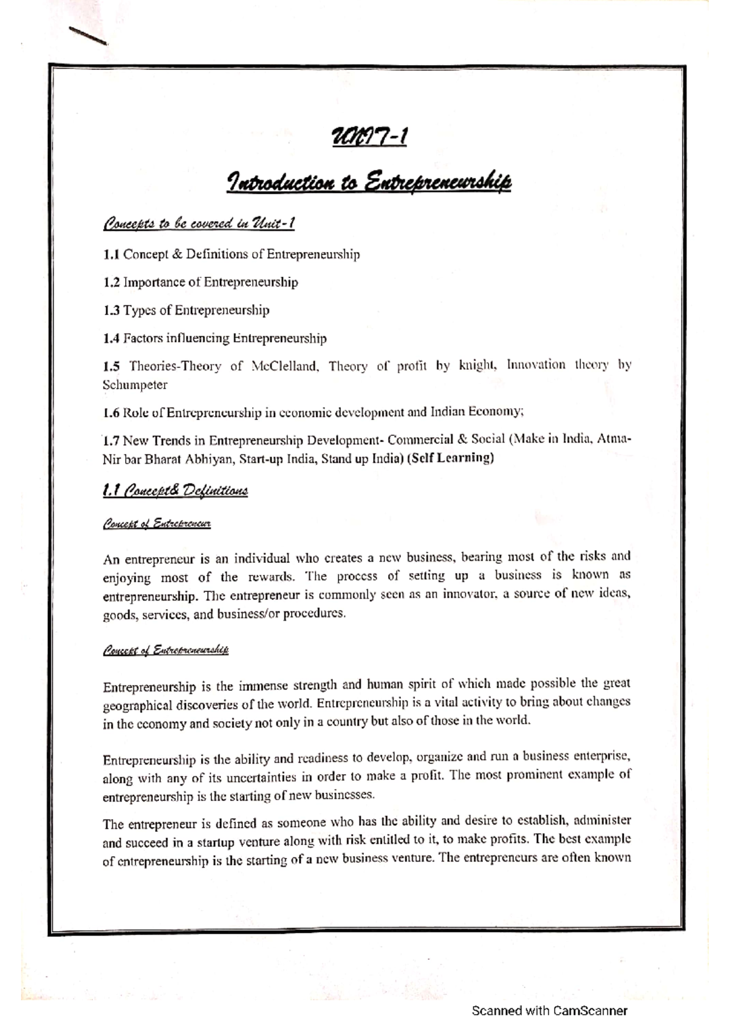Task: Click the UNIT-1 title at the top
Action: click(x=369, y=137)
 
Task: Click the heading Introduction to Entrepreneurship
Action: click(x=369, y=182)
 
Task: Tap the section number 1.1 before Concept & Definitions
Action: click(x=111, y=254)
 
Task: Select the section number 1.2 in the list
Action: click(x=111, y=282)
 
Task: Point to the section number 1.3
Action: click(x=111, y=310)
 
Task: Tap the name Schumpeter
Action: click(x=135, y=385)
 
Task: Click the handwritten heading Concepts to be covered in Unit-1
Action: click(x=199, y=223)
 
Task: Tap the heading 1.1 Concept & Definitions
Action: click(x=176, y=491)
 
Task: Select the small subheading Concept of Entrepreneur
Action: click(x=157, y=523)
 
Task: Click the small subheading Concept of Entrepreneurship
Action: click(x=165, y=651)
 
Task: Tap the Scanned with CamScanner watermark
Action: click(x=549, y=1010)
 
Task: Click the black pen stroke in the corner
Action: click(x=88, y=36)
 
